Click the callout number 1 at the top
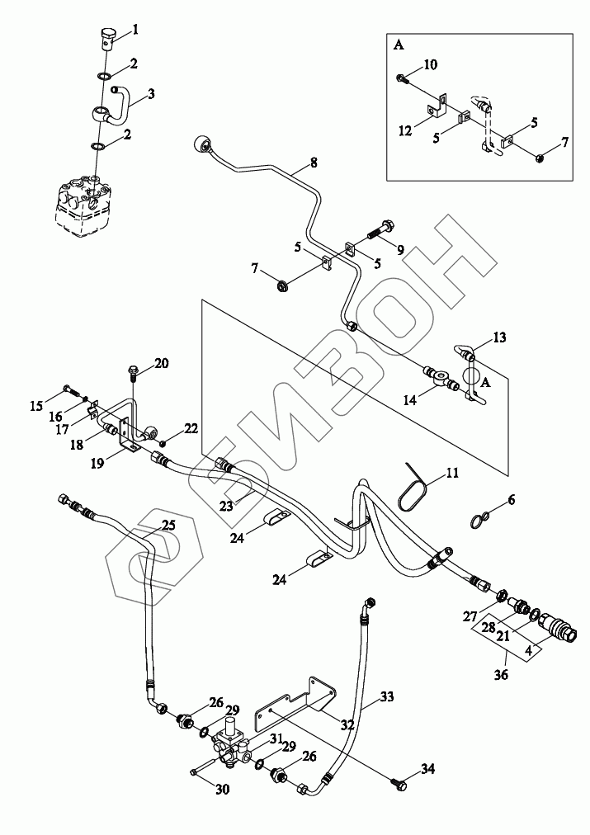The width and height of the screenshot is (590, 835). click(x=135, y=30)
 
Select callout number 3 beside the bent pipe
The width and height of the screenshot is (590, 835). click(x=151, y=95)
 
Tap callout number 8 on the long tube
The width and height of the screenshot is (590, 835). click(x=313, y=163)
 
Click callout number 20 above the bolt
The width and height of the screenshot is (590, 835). click(x=161, y=364)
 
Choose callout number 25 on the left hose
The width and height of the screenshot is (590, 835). click(x=168, y=525)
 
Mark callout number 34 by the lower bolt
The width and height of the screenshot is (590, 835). click(x=427, y=770)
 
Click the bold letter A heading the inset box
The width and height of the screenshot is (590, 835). click(x=399, y=45)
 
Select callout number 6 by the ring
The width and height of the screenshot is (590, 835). click(x=511, y=500)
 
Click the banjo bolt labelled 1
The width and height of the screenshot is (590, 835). click(x=108, y=35)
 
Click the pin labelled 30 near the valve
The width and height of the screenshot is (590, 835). click(x=193, y=771)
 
